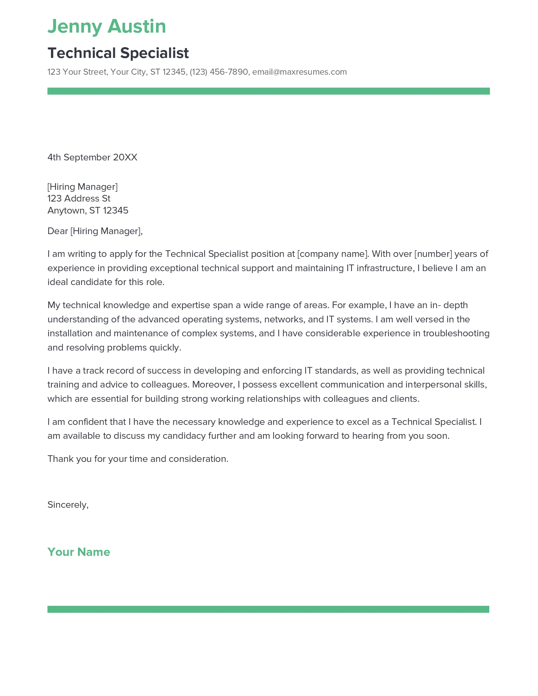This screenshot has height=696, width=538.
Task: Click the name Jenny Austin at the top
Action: click(x=107, y=27)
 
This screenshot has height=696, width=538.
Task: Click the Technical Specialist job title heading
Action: click(x=118, y=53)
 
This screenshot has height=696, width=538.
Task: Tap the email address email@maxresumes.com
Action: click(x=299, y=72)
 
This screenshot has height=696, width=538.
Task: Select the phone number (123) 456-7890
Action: click(x=219, y=72)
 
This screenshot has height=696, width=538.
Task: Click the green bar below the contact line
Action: click(x=268, y=91)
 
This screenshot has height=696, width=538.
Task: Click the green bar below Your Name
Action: click(x=268, y=609)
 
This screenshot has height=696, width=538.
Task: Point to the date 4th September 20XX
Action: click(x=92, y=158)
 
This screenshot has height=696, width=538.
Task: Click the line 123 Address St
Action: click(x=79, y=199)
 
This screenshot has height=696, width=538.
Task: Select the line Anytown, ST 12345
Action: click(x=88, y=210)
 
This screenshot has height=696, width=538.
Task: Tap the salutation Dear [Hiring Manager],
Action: click(x=95, y=231)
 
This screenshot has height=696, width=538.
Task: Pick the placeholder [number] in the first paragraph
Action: click(x=433, y=254)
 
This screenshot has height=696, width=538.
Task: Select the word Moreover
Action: click(x=213, y=385)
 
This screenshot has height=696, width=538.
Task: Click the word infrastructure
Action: click(x=385, y=268)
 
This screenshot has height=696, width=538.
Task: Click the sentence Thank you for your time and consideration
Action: click(x=138, y=459)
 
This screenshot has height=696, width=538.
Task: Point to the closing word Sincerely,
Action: click(x=68, y=505)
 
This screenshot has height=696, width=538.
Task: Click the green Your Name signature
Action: click(x=79, y=552)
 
